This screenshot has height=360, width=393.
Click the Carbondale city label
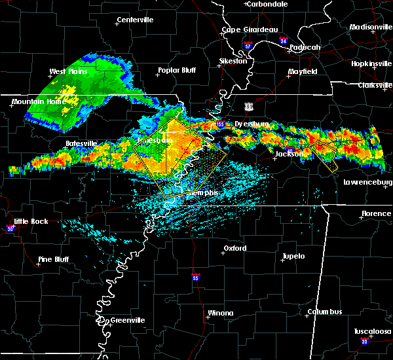coord(269,4)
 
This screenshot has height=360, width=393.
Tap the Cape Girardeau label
coord(250,29)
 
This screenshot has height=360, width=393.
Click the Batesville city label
coord(81,143)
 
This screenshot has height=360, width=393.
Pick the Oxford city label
coord(235,249)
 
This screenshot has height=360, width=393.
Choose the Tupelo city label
coord(293,256)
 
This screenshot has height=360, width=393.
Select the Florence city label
coord(376,213)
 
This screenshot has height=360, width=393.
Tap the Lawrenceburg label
coord(367,183)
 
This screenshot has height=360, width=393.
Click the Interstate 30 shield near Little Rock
coord(10,228)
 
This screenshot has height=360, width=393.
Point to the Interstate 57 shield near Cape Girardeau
coord(248,46)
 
